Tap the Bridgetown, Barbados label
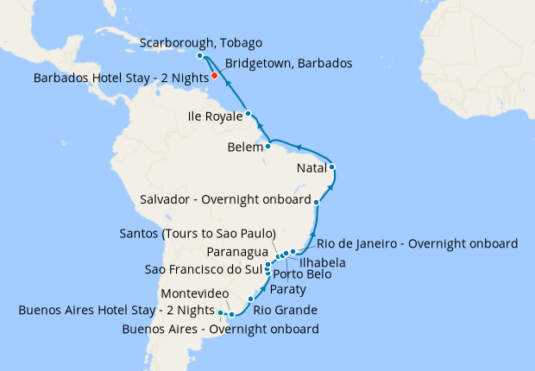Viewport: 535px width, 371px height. [x=288, y=63]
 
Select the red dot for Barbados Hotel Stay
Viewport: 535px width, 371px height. [x=214, y=76]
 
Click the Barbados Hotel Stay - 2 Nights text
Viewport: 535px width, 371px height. [x=121, y=78]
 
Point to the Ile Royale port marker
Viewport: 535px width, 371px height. [x=248, y=113]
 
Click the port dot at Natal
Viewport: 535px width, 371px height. [x=331, y=167]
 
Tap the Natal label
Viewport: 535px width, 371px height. [x=311, y=167]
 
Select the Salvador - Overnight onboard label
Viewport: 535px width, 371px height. [x=224, y=200]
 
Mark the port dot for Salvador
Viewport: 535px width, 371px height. [x=318, y=202]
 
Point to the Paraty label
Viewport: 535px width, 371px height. [x=287, y=289]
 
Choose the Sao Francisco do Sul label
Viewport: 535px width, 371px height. [x=199, y=270]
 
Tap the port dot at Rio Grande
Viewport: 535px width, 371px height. [x=250, y=299]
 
